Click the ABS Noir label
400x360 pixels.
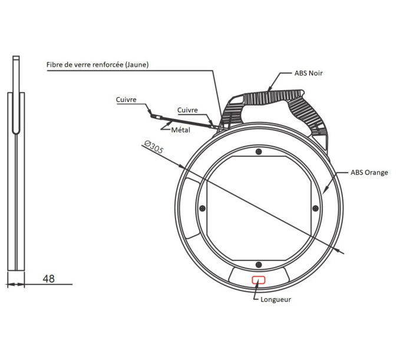click(x=309, y=74)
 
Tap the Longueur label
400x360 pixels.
click(x=276, y=299)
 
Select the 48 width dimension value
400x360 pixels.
click(x=49, y=279)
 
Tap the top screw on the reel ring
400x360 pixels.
click(x=259, y=152)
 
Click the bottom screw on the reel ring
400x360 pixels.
click(x=259, y=263)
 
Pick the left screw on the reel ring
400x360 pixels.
click(x=203, y=207)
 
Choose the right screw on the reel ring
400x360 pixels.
click(x=315, y=207)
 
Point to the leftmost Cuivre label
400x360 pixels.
click(x=127, y=100)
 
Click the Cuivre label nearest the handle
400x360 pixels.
click(x=188, y=110)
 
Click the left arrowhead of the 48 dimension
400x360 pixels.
click(x=9, y=285)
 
